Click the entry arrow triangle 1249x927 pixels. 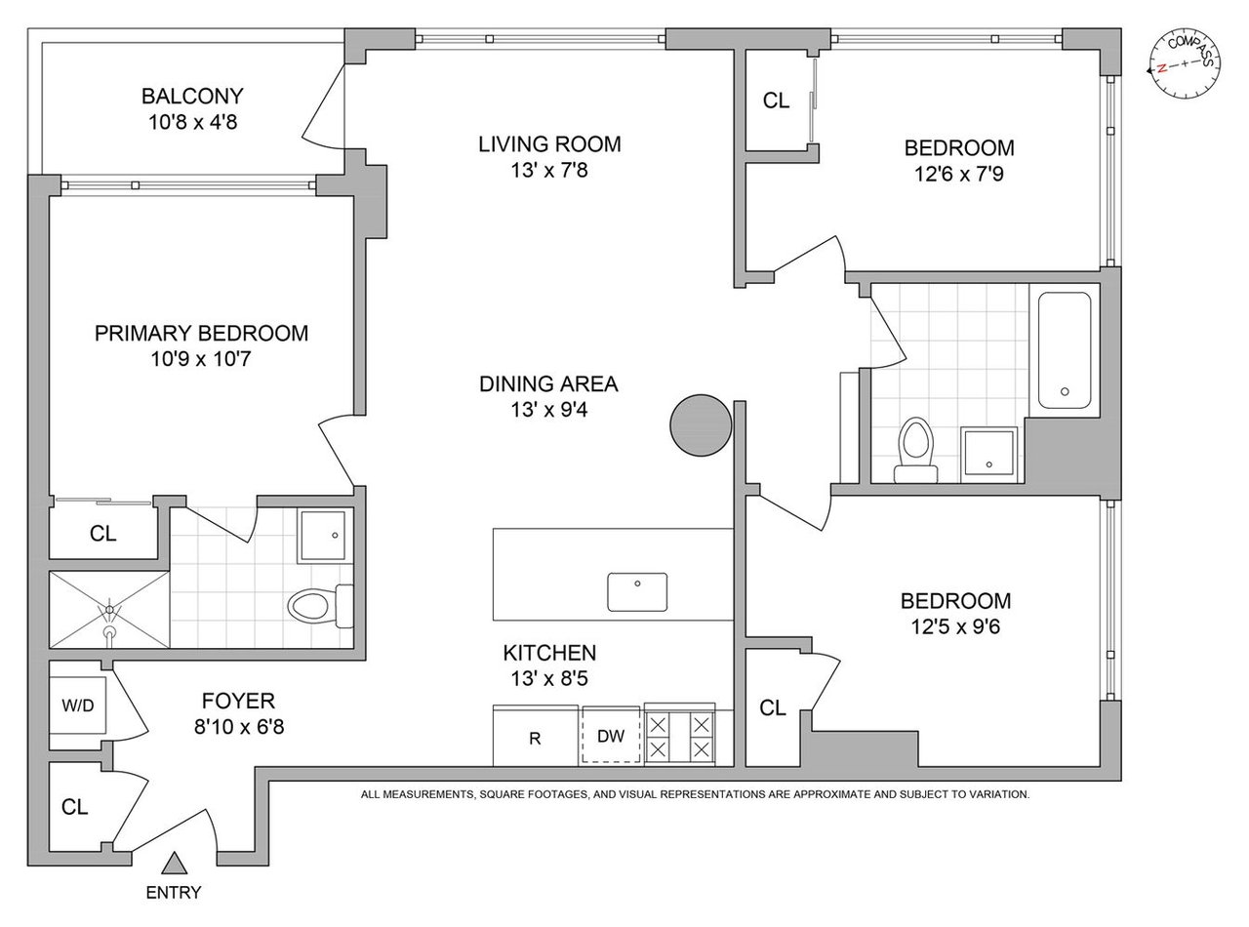[x=174, y=864]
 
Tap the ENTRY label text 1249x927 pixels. [x=174, y=893]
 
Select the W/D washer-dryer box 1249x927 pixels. [x=78, y=705]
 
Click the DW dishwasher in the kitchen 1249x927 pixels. [x=611, y=736]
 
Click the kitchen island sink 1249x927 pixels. [x=637, y=592]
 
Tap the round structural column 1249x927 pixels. [x=701, y=424]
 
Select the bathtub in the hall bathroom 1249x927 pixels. [x=1065, y=349]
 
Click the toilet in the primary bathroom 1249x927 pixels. [x=320, y=606]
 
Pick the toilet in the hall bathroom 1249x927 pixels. [x=915, y=450]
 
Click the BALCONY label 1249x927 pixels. [x=192, y=97]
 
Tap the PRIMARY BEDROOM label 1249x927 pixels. [x=201, y=333]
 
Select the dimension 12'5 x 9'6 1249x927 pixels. [x=955, y=626]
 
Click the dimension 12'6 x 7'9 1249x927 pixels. [x=959, y=174]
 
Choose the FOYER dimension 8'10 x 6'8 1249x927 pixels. [x=239, y=727]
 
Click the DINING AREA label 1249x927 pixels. [x=548, y=384]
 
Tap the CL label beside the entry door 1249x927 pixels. [x=75, y=807]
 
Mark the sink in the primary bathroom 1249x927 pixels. [x=322, y=536]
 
